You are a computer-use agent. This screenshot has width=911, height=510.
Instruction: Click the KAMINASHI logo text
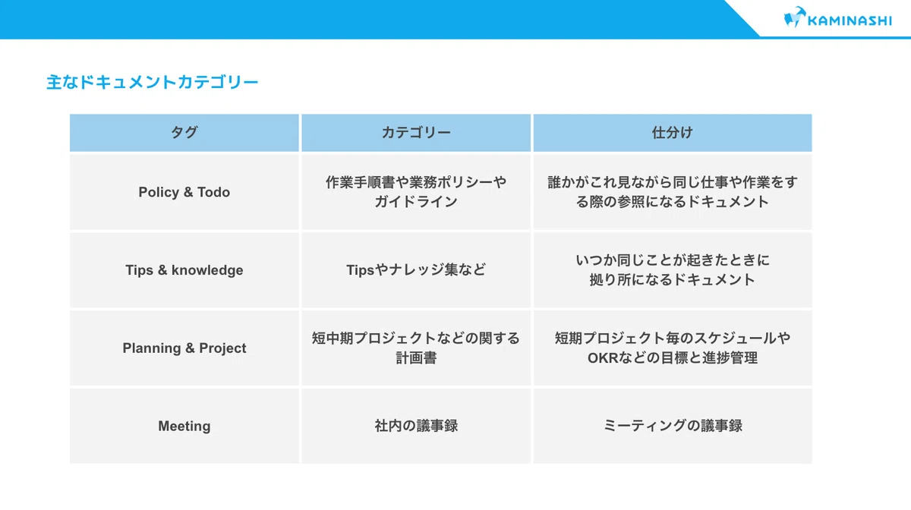point(850,20)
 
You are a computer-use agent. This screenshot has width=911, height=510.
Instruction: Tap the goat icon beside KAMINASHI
point(795,17)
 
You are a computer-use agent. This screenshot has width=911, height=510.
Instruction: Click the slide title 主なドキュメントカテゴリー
point(153,82)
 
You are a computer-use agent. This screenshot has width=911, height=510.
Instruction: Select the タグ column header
point(184,133)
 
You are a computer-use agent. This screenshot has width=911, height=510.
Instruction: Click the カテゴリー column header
point(416,133)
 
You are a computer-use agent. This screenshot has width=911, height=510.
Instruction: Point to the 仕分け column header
point(673,133)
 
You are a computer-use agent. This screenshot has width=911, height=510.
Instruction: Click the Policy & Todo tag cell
point(184,192)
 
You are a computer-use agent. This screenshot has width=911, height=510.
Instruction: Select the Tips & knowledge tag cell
point(184,270)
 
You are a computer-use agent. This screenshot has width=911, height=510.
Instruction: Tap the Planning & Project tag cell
point(184,348)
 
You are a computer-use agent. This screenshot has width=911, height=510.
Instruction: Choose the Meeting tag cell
point(184,426)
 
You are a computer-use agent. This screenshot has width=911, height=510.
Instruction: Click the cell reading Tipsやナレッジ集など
point(416,270)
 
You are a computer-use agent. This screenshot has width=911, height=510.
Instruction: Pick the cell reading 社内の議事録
point(416,426)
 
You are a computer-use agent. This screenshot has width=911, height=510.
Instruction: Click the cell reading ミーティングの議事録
point(673,426)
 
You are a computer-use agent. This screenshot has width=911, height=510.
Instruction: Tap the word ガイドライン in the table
point(416,202)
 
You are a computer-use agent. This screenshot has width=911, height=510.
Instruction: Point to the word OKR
point(603,358)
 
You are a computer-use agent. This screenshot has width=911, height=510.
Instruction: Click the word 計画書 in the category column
point(416,358)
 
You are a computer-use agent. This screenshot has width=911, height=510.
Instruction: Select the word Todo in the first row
point(213,192)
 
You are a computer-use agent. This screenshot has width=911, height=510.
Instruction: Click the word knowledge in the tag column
point(207,270)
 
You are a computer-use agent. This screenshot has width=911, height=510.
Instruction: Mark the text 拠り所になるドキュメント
point(673,280)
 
